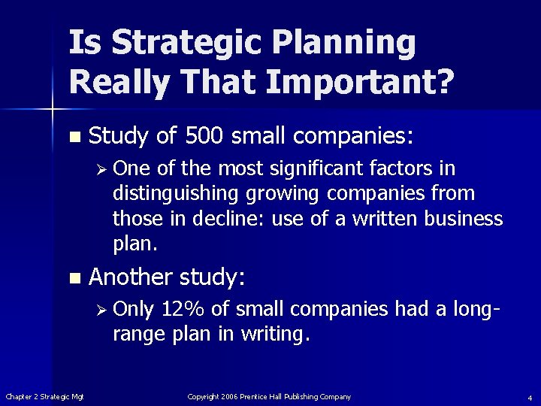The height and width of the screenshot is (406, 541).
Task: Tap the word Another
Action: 131,277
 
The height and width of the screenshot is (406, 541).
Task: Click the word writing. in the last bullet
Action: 275,335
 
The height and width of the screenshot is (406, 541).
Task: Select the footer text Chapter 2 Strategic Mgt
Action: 44,396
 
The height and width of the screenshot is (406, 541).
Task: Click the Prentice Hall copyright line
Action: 269,396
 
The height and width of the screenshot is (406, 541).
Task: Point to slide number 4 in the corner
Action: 529,397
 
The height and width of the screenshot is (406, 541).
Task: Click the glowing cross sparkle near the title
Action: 52,111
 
